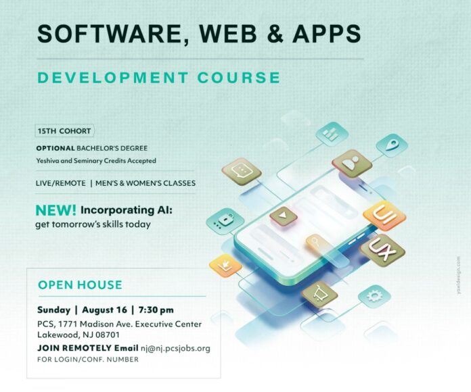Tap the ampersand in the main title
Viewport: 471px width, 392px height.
point(275,33)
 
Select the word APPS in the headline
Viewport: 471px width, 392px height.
point(327,33)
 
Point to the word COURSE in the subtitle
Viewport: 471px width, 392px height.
point(239,77)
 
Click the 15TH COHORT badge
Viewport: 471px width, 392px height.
point(64,131)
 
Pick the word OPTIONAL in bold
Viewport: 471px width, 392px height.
point(55,148)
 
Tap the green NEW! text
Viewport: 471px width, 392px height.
point(56,211)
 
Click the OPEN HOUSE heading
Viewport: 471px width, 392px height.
point(81,285)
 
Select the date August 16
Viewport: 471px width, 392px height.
point(104,310)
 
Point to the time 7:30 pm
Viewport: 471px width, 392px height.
point(156,310)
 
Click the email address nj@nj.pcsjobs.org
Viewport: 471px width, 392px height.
point(175,348)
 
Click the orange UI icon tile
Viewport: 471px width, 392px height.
point(384,216)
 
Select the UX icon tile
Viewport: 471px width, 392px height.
point(383,250)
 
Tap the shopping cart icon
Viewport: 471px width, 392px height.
point(320,293)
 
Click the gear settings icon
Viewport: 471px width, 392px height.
point(374,296)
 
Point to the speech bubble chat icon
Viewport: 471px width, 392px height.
point(242,172)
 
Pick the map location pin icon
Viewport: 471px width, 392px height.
point(392,145)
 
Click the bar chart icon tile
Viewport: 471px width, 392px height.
point(332,134)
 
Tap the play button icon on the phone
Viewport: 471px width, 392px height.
point(284,216)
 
